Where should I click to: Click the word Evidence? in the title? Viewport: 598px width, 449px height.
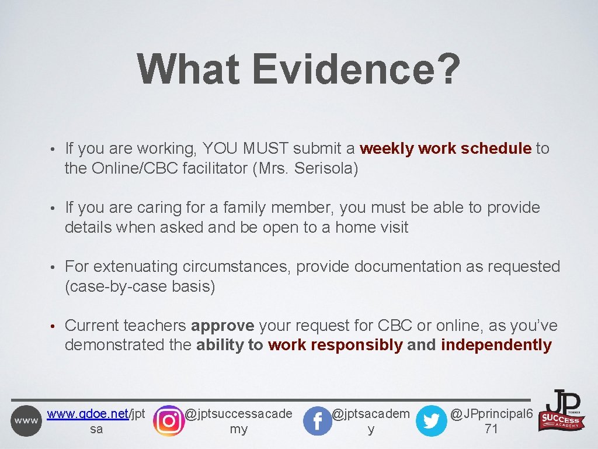[x=356, y=69]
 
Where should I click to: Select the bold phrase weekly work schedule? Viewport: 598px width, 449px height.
[x=446, y=148]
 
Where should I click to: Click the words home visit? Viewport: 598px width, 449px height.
[x=371, y=227]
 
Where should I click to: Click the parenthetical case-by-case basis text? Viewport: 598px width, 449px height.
[x=140, y=286]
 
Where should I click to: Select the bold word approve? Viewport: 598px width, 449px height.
[x=222, y=326]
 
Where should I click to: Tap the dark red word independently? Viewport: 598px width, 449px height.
[x=496, y=346]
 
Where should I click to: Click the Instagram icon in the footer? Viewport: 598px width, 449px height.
[x=168, y=420]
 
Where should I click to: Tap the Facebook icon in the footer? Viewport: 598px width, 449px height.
[x=318, y=421]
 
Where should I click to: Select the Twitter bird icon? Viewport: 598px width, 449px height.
[x=431, y=421]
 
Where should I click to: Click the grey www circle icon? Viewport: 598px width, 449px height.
[x=26, y=421]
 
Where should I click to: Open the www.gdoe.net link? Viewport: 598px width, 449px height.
[x=87, y=414]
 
